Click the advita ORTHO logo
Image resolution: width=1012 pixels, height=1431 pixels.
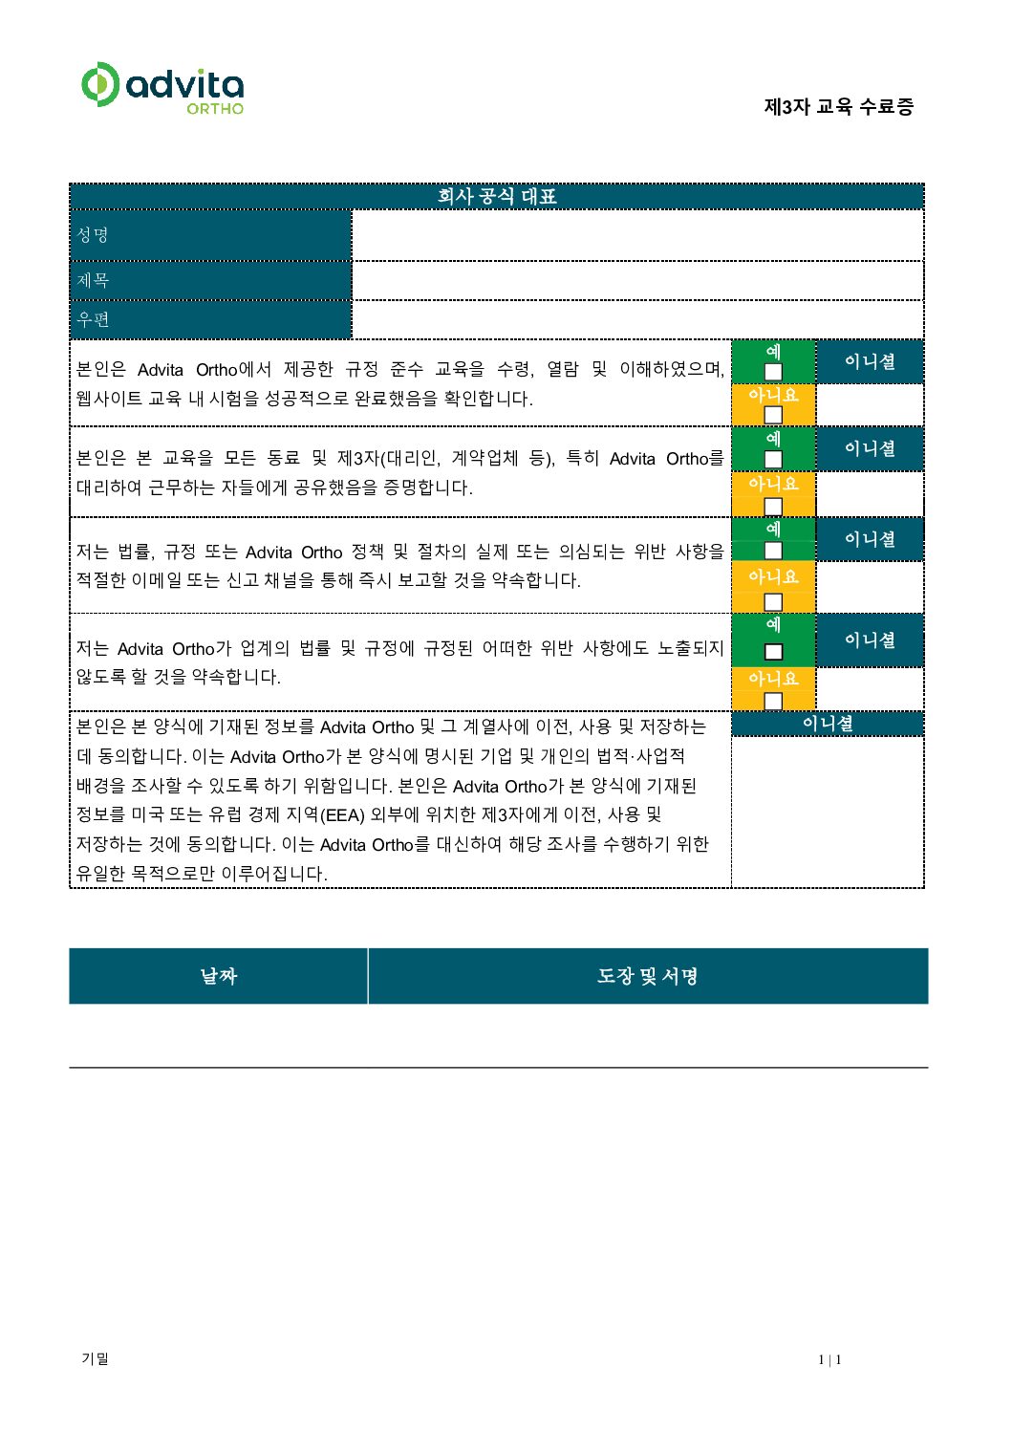coord(162,88)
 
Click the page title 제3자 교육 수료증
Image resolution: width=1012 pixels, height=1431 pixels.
coord(838,107)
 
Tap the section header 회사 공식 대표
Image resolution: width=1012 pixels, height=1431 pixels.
coord(497,197)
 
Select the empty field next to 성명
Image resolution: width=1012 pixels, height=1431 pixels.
coord(637,235)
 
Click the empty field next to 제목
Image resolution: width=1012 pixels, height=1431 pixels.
coord(637,281)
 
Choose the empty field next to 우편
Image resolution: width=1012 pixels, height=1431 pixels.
coord(637,319)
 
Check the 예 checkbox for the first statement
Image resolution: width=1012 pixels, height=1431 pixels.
coord(773,372)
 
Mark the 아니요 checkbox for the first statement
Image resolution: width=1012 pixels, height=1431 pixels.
coord(773,415)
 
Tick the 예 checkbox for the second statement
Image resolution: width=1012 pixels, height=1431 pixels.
coord(773,459)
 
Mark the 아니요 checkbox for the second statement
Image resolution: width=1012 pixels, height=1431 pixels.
coord(773,506)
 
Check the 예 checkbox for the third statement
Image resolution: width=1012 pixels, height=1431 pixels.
coord(773,551)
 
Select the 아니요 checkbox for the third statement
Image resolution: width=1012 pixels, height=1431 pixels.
coord(773,601)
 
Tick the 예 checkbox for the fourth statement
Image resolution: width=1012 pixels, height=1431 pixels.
coord(773,652)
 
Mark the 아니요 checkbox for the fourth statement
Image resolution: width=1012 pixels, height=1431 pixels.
coord(773,701)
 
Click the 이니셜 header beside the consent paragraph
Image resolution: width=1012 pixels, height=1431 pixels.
coord(828,725)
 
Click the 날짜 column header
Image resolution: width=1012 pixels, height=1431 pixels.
coord(218,976)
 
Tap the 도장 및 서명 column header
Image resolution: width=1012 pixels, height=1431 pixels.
coord(647,976)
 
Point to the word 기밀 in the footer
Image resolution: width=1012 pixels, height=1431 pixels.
coord(95,1359)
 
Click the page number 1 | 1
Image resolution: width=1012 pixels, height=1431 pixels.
coord(829,1360)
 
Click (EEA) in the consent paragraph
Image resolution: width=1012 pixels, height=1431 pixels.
coord(342,815)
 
